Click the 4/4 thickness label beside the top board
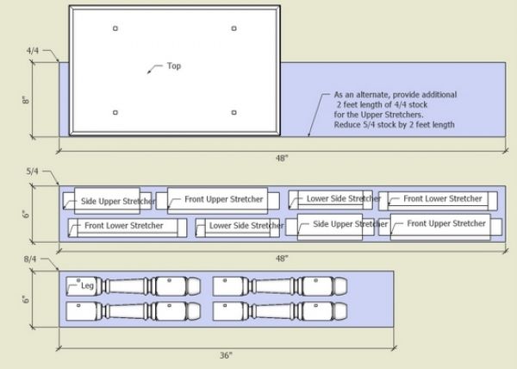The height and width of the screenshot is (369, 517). pyautogui.click(x=34, y=51)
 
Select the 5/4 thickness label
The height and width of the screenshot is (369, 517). pyautogui.click(x=34, y=172)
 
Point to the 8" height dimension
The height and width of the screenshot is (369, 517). pyautogui.click(x=27, y=99)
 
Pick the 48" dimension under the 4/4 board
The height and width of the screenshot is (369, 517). pyautogui.click(x=282, y=158)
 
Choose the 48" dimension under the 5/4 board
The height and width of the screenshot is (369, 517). pyautogui.click(x=282, y=259)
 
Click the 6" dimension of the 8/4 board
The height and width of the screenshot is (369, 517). pyautogui.click(x=27, y=299)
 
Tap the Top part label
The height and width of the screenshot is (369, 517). pyautogui.click(x=174, y=66)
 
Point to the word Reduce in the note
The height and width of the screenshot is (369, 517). pyautogui.click(x=349, y=126)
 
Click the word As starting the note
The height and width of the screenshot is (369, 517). pyautogui.click(x=339, y=94)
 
